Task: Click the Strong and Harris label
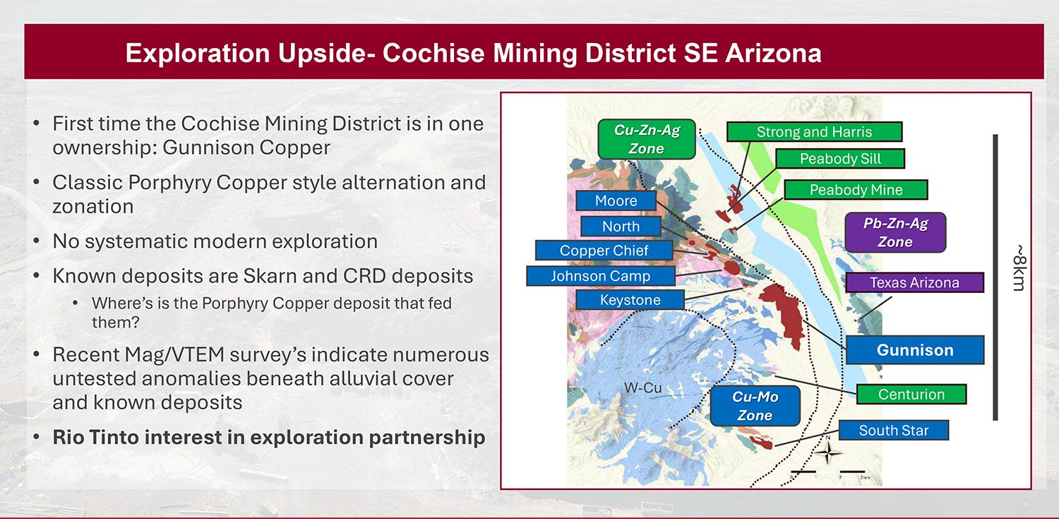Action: coord(814,132)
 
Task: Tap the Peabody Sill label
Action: coord(840,159)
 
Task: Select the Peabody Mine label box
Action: coord(856,190)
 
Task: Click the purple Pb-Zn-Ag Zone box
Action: coord(895,232)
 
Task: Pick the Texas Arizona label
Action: coord(914,282)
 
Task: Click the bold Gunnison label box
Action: coord(915,350)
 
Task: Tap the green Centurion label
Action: coord(911,394)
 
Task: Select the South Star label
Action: coord(894,430)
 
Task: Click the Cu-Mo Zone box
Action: coord(755,406)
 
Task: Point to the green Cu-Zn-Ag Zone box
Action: coord(646,139)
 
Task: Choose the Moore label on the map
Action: coord(616,201)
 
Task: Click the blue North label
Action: coord(621,227)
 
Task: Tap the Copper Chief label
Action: coord(604,251)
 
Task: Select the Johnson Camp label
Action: coord(600,276)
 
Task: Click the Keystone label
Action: coord(630,300)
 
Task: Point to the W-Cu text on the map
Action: coord(642,388)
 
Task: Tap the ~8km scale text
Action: coord(1019,268)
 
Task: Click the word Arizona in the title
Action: coord(773,53)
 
